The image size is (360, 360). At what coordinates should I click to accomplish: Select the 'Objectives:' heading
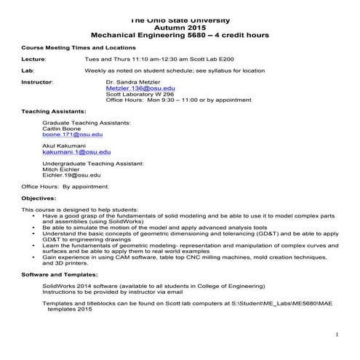coord(39,198)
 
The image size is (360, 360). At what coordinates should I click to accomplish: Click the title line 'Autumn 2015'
coord(179,26)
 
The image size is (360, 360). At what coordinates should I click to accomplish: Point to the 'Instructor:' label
coord(37,81)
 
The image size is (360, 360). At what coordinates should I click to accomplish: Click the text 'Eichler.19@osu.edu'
coord(71,175)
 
